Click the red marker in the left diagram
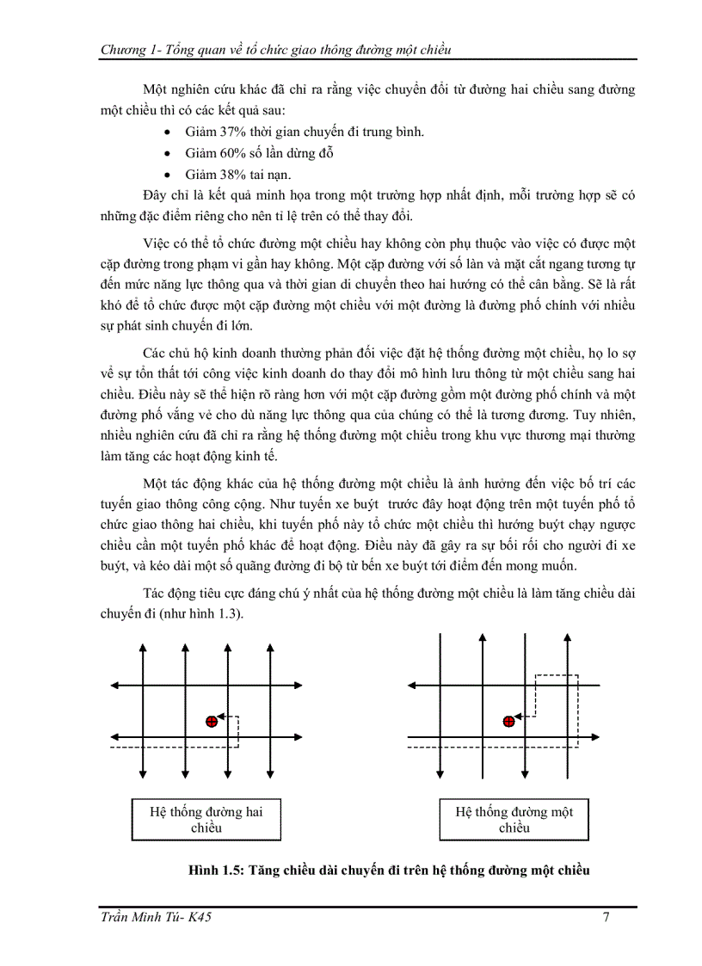tap(212, 722)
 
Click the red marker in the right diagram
tap(508, 722)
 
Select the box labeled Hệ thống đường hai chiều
tap(206, 819)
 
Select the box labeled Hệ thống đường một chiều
tap(514, 819)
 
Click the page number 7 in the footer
tap(607, 917)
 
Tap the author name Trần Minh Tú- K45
tap(156, 917)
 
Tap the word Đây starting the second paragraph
tap(157, 195)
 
